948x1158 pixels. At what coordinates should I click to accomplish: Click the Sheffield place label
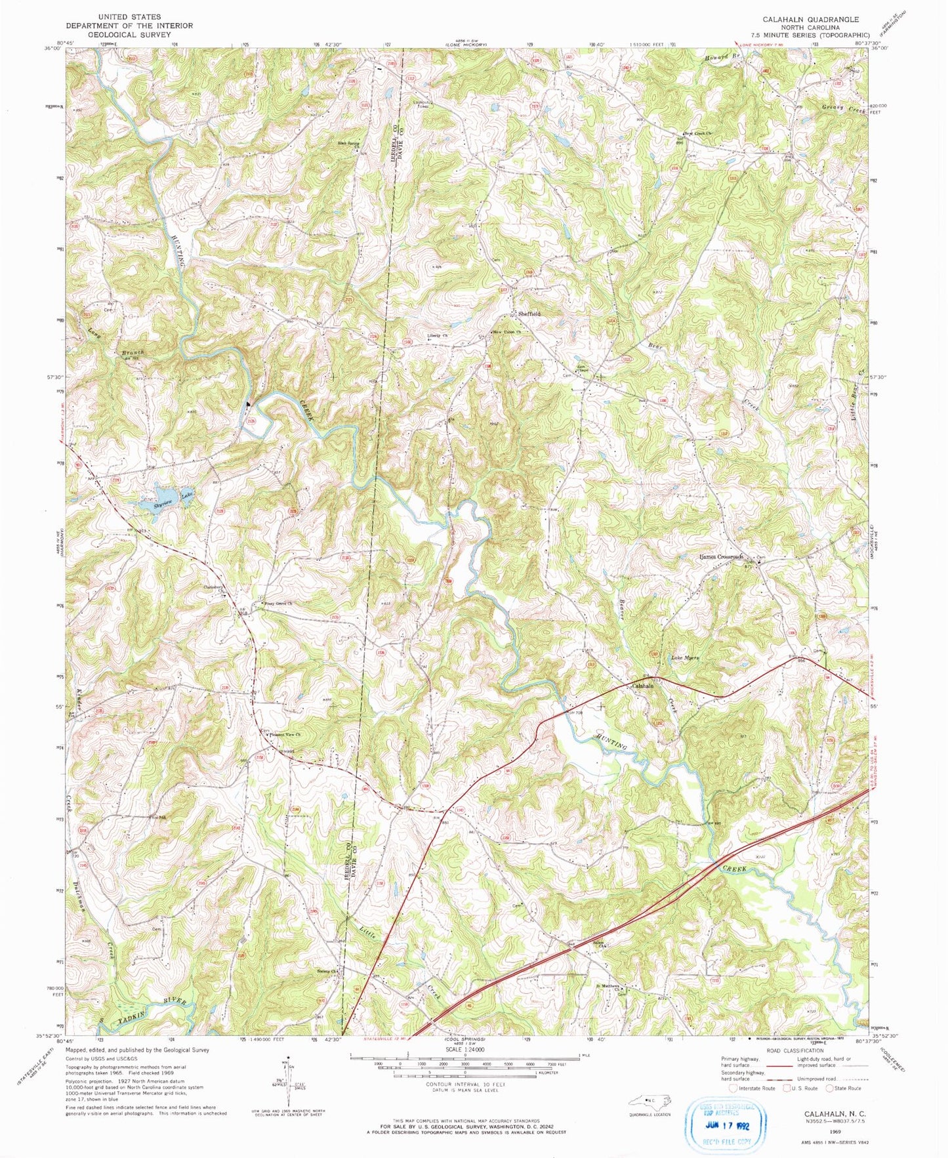point(529,314)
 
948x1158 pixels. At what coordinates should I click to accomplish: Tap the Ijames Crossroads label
point(720,557)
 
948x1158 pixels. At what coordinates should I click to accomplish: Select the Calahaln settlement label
point(642,686)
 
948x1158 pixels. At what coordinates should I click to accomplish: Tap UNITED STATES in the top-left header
point(129,16)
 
